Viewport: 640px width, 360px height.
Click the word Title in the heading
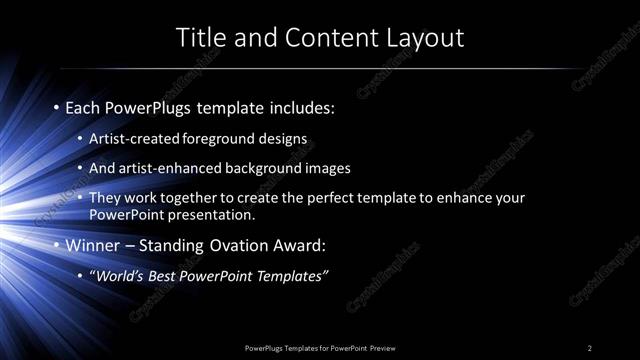tap(200, 38)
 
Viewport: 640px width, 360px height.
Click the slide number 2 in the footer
tap(590, 348)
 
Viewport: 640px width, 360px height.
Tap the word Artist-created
tap(134, 138)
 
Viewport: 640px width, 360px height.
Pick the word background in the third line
tap(259, 168)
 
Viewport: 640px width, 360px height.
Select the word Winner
tap(91, 244)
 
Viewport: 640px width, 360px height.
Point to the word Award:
tap(301, 244)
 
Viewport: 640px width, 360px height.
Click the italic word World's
tap(120, 275)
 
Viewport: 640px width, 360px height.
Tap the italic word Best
tap(165, 275)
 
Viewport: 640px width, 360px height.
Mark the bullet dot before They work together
tap(81, 198)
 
